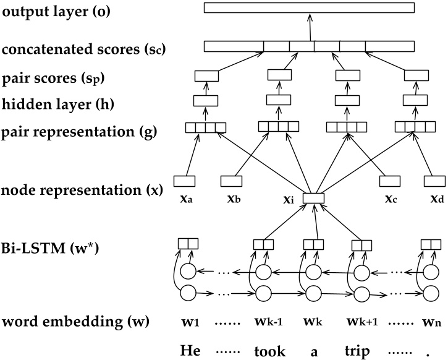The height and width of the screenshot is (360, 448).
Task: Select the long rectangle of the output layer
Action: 309,8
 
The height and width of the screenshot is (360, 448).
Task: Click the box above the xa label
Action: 184,181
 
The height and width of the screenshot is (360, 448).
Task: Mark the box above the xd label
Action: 434,181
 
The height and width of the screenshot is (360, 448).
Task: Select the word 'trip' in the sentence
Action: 359,351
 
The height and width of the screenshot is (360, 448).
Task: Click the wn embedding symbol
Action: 430,322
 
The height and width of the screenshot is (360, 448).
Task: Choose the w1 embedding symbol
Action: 190,322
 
